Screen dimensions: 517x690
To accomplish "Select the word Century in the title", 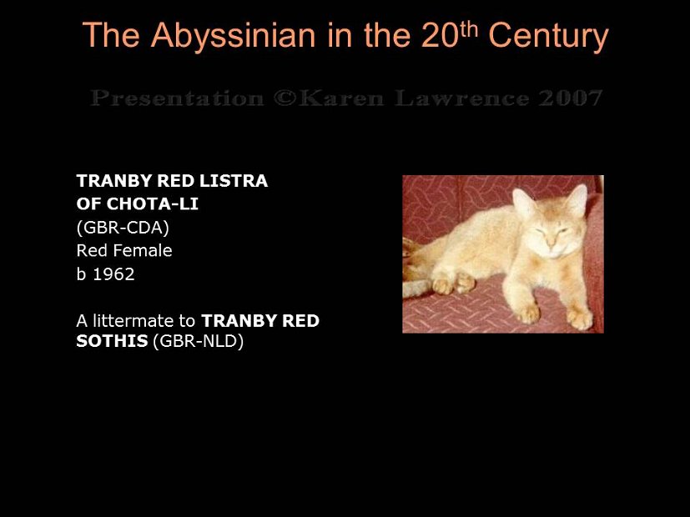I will pos(548,36).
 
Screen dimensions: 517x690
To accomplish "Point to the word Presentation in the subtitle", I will pos(176,98).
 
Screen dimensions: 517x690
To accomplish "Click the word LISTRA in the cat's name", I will pos(234,181).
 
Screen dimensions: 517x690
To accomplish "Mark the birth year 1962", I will pos(113,274).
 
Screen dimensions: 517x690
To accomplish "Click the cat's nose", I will pos(550,243).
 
